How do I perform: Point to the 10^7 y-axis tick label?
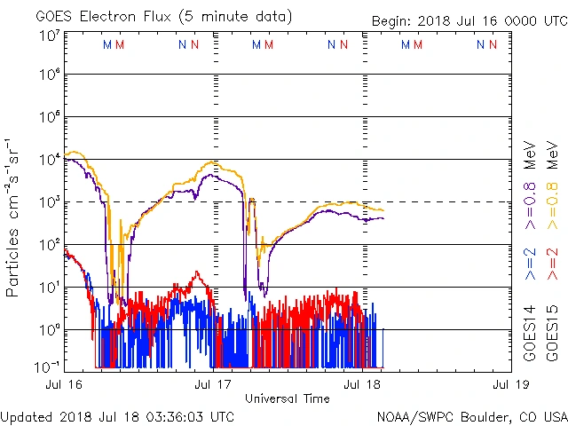(x=49, y=36)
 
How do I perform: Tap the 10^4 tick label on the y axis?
(x=49, y=160)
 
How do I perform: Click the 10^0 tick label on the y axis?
(x=49, y=330)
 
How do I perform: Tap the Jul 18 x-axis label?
(x=361, y=384)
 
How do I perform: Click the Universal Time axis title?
(x=287, y=398)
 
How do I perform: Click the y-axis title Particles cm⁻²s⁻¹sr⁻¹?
(x=14, y=217)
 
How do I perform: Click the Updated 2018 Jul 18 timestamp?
(x=118, y=416)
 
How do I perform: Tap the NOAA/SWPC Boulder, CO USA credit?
(x=471, y=416)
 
